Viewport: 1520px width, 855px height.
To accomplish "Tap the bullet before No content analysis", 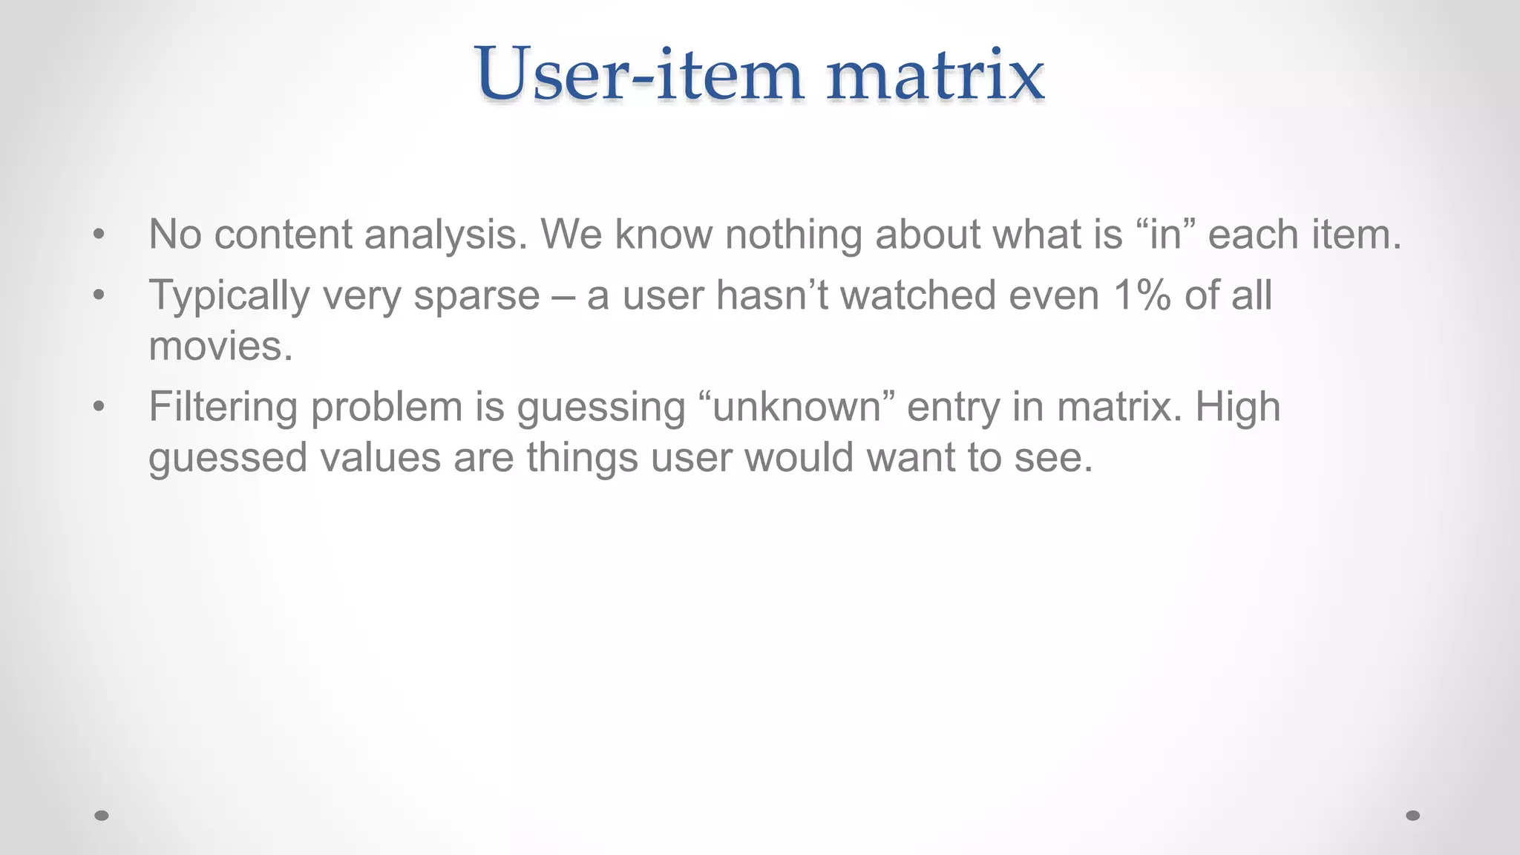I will point(99,235).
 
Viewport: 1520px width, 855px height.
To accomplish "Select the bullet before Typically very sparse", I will point(99,295).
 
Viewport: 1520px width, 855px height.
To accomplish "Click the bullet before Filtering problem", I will point(99,407).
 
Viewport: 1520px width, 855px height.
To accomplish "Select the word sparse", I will point(476,295).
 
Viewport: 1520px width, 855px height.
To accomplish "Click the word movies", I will point(220,346).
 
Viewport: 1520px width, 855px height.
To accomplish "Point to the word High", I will point(1238,407).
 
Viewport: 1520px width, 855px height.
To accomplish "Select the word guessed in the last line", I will point(227,457).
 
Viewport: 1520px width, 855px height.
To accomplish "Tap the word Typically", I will point(229,295).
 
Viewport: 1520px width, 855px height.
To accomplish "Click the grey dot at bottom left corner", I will point(102,816).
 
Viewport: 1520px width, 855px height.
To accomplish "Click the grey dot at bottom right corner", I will point(1413,816).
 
